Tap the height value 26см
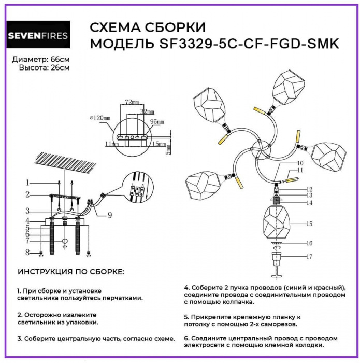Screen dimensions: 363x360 click(59, 67)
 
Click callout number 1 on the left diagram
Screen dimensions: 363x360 click(29, 183)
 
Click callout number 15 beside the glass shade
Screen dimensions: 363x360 click(309, 224)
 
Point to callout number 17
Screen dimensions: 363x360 click(309, 256)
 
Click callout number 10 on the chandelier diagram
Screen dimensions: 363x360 click(300, 163)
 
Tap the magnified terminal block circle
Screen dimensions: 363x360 click(137, 190)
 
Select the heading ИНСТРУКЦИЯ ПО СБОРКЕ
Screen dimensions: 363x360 click(71, 272)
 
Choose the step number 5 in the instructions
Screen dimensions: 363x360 click(186, 316)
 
